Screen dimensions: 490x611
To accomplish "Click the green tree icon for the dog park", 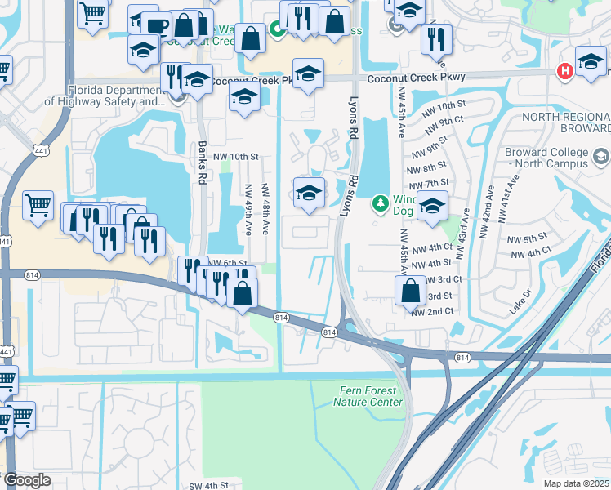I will click(379, 201).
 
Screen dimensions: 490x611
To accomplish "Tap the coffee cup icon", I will click(156, 26).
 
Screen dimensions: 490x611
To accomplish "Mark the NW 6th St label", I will click(227, 263).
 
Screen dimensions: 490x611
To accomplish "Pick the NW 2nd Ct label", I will click(433, 312).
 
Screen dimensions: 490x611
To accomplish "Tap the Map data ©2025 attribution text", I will click(577, 483).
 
